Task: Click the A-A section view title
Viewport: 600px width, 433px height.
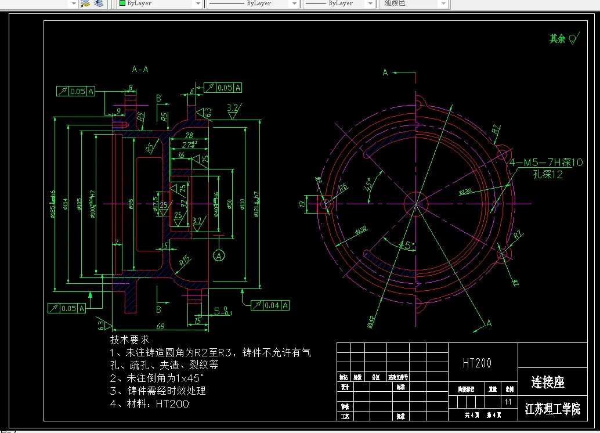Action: tap(140, 69)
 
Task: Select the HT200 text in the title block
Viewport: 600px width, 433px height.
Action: tap(477, 363)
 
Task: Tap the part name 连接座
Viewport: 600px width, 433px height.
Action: tap(548, 382)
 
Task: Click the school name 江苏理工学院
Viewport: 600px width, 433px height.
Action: tap(552, 409)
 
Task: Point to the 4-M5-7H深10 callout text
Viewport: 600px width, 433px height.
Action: tap(545, 163)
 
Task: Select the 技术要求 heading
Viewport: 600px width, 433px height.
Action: tap(129, 339)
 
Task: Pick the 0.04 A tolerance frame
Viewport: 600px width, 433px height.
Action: tap(271, 305)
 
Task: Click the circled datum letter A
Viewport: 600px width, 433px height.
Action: tap(219, 255)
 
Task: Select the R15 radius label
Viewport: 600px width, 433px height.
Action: tap(184, 261)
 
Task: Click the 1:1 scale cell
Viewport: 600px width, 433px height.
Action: tap(508, 402)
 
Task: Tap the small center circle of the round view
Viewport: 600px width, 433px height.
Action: tap(416, 204)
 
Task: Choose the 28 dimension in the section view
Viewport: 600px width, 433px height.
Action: tap(189, 135)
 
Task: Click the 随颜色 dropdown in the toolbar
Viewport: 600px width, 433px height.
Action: tap(415, 3)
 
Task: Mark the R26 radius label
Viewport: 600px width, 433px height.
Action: tap(343, 187)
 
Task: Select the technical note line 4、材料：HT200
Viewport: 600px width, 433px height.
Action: tap(150, 404)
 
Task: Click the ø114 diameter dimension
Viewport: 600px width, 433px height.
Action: tap(66, 204)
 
